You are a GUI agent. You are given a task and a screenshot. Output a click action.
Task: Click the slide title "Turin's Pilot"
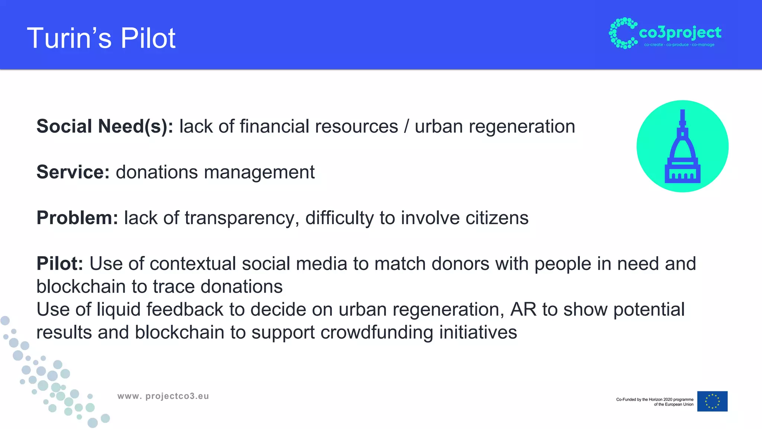101,38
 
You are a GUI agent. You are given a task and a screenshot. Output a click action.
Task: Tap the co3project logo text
680,33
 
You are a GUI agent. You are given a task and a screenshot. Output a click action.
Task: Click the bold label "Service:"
73,172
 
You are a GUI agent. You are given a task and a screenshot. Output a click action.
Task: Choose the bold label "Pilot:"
60,264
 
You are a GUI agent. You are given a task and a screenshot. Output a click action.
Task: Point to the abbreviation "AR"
523,309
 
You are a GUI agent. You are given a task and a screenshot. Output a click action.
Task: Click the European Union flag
712,401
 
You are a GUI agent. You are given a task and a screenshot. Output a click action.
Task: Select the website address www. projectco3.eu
163,396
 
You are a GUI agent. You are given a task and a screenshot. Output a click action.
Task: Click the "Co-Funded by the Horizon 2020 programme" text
654,400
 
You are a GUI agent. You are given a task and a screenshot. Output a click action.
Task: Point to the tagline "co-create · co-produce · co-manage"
679,45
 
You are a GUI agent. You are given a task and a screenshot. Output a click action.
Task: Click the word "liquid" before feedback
118,309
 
